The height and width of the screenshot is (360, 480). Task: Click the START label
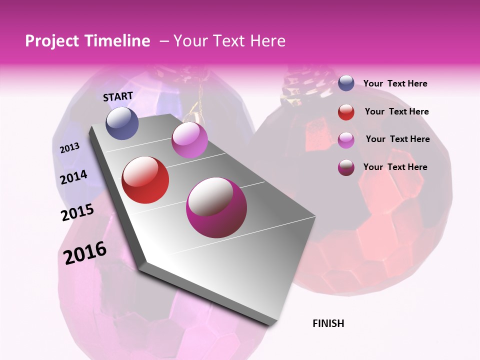point(118,96)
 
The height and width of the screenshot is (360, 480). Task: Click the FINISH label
point(328,323)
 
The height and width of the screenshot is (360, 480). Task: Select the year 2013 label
point(70,147)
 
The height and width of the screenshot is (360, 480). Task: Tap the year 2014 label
point(74,177)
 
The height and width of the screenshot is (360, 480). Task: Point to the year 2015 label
point(77,212)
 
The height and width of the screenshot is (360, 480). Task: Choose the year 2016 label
point(85,252)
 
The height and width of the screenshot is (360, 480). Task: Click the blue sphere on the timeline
point(122,123)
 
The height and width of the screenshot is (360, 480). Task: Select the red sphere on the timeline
point(145,180)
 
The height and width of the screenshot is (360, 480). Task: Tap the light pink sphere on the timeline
point(189,140)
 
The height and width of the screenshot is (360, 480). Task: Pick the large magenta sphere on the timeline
point(216,207)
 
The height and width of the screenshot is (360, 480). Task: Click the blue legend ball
point(346,83)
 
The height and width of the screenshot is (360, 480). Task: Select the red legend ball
point(346,112)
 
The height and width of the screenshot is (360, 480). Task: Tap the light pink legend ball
point(346,140)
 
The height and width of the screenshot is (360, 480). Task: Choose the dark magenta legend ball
point(346,167)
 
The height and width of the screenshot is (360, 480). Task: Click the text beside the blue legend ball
point(395,83)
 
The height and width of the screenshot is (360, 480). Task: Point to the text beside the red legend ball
point(396,111)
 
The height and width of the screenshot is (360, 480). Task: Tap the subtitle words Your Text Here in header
point(229,41)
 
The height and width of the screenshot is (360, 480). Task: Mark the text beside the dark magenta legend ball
point(395,167)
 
